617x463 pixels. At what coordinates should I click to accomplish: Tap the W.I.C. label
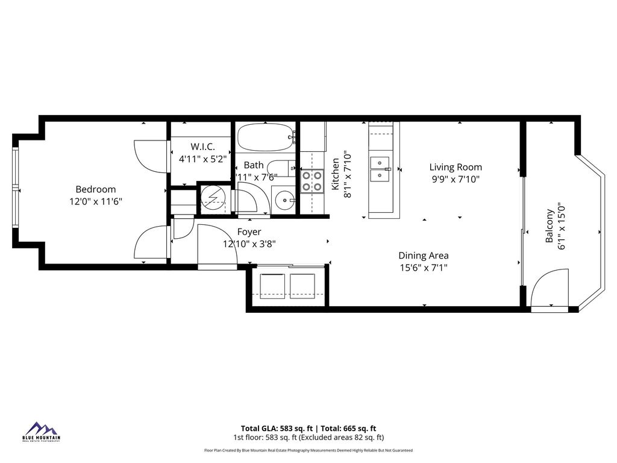tap(202, 147)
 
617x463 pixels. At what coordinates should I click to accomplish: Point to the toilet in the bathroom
tap(281, 168)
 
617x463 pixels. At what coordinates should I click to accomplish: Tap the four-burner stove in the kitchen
tap(312, 180)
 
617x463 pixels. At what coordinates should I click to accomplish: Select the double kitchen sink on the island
tap(380, 169)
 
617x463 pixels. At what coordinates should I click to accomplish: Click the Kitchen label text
tap(336, 175)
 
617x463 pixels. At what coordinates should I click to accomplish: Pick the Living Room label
tap(456, 167)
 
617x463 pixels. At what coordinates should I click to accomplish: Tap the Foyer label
tap(249, 232)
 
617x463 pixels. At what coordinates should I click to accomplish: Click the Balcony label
tap(549, 226)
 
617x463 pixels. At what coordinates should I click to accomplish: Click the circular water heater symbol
tap(212, 197)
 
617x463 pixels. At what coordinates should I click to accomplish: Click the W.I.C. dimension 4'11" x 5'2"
tap(202, 159)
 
